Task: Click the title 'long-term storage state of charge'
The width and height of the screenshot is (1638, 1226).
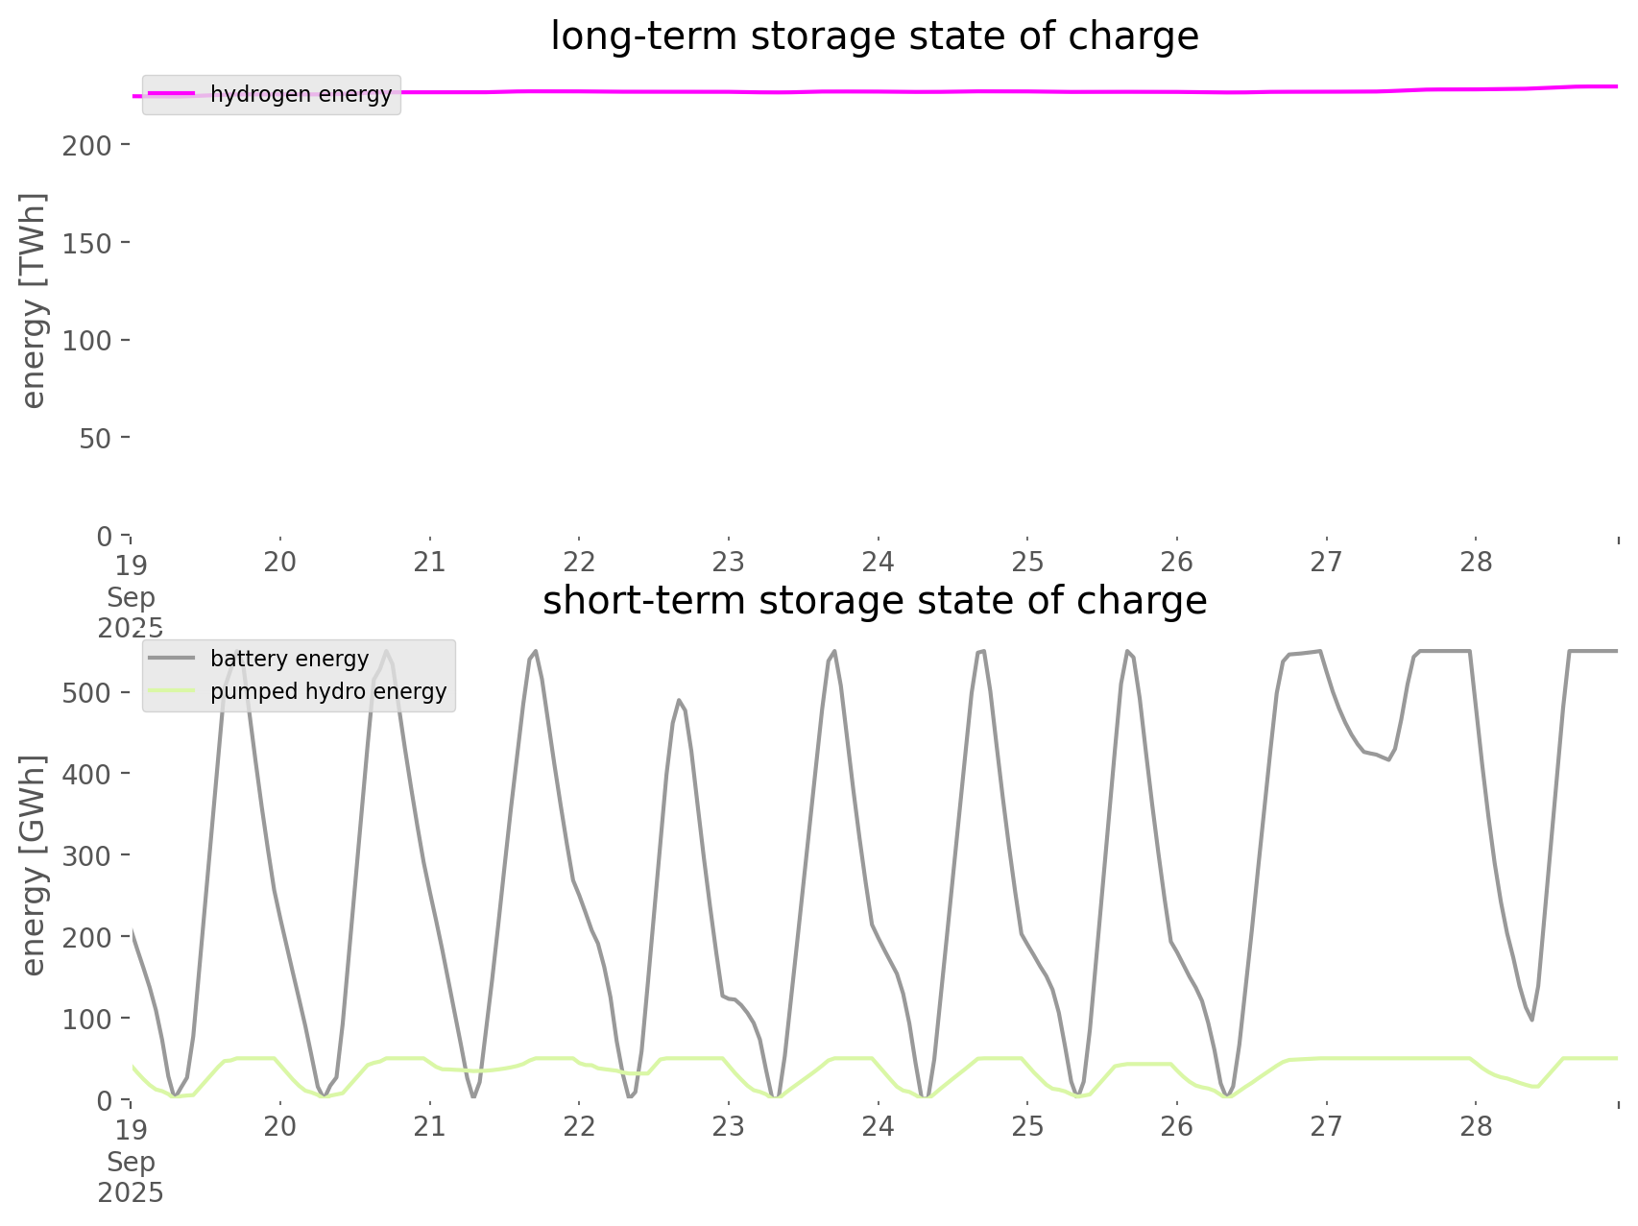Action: [874, 36]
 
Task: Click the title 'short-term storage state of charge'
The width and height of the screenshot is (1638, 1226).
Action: [874, 601]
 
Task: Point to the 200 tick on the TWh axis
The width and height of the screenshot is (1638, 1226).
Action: [87, 146]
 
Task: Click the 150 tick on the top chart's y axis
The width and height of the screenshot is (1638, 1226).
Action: [87, 243]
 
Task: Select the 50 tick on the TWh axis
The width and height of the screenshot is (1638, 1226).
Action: [94, 438]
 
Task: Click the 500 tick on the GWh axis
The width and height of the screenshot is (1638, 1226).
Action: [87, 693]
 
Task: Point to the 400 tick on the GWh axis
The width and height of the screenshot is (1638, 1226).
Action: [87, 774]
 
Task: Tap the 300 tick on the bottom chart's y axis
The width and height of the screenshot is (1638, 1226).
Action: [87, 855]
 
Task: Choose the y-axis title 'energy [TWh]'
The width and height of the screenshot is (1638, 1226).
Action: [34, 300]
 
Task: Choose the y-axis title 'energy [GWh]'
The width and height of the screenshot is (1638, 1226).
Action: [34, 865]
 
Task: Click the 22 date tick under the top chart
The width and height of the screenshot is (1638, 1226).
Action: [579, 562]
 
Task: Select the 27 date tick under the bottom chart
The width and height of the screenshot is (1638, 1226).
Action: [1326, 1126]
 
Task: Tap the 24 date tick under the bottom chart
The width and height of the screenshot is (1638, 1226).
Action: [878, 1126]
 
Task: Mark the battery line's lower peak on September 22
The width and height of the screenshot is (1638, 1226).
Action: [678, 700]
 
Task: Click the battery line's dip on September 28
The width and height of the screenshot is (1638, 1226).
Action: [1531, 1020]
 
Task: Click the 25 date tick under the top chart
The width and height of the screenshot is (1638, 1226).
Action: [1027, 562]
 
